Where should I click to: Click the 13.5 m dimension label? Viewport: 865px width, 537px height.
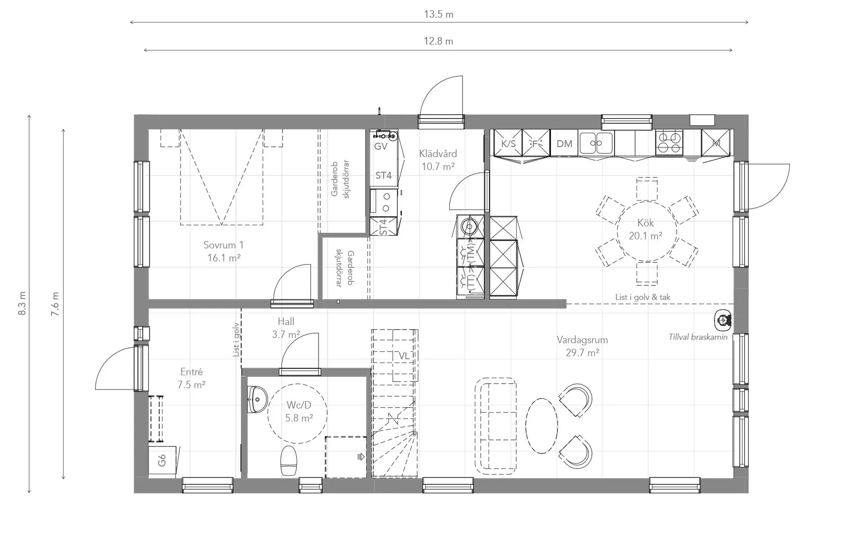[438, 14]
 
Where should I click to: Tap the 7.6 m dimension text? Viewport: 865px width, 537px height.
[55, 304]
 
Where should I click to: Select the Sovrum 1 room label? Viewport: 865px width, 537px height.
[223, 245]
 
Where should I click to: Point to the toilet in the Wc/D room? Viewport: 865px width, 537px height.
[289, 460]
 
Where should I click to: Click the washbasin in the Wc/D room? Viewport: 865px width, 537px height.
[257, 399]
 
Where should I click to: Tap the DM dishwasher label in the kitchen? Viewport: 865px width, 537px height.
[564, 143]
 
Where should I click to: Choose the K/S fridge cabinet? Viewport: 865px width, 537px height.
[508, 143]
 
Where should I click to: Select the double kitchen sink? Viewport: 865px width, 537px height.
[596, 143]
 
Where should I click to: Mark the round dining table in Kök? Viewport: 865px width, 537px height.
[646, 231]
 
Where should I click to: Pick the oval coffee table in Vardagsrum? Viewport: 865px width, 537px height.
[542, 426]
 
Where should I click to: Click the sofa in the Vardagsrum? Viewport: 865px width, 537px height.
[496, 426]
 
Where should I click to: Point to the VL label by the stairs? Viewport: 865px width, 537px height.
[404, 356]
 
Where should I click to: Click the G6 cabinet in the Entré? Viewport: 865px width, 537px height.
[162, 460]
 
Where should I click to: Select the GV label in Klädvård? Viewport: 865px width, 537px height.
[381, 146]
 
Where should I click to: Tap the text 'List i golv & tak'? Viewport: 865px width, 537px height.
[643, 297]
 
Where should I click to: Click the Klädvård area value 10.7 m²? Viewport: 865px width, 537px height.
[438, 166]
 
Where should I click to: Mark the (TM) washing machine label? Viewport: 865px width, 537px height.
[471, 253]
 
